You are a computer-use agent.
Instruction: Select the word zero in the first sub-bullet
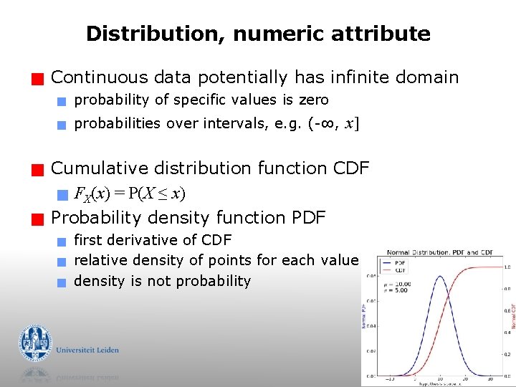click(x=314, y=100)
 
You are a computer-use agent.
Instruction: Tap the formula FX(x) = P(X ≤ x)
click(x=130, y=193)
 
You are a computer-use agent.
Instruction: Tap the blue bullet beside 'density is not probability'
click(x=62, y=282)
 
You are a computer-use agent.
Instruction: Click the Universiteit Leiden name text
click(x=87, y=350)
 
